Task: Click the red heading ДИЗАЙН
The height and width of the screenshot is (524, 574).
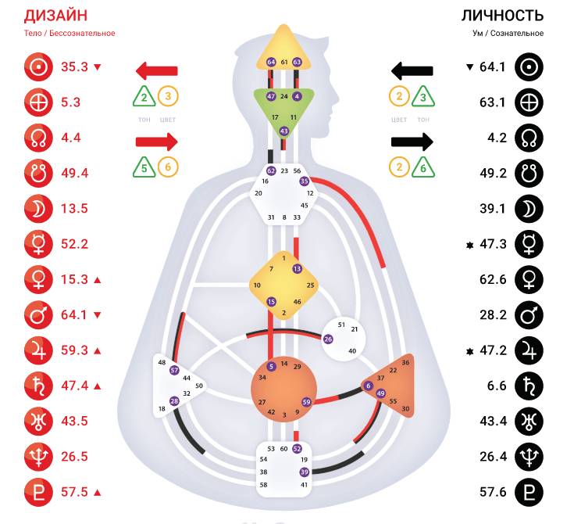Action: point(55,16)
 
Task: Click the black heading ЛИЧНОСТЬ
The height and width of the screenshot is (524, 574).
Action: point(503,16)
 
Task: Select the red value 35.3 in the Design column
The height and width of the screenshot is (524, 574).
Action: point(74,66)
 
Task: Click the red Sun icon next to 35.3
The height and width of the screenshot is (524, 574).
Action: point(36,66)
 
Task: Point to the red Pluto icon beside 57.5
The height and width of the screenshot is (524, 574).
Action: point(36,492)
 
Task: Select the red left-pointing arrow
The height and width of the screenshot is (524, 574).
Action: point(156,71)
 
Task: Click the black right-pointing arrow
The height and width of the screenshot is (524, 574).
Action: point(412,142)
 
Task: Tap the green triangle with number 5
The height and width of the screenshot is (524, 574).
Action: point(144,167)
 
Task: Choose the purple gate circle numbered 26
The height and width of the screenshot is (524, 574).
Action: point(328,339)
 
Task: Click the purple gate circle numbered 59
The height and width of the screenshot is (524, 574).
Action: point(306,402)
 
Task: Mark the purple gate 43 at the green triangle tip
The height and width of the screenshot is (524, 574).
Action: point(283,131)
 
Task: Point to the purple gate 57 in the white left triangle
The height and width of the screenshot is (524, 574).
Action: point(174,370)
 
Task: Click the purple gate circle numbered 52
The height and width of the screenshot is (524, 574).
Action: point(297,448)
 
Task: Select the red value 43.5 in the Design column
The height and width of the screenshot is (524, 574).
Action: point(74,421)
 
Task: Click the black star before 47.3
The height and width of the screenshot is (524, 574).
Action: point(469,244)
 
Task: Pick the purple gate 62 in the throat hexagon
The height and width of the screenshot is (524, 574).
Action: point(270,170)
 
